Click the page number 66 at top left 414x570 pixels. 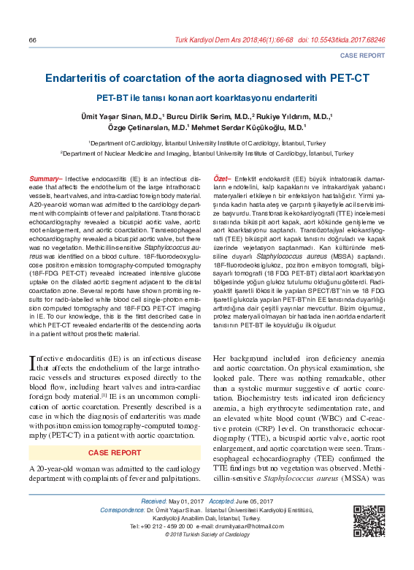(x=32, y=39)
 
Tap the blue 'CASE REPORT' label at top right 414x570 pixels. (x=363, y=56)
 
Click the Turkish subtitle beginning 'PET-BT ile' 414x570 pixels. (x=207, y=98)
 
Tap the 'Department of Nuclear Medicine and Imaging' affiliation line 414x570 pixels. (x=207, y=154)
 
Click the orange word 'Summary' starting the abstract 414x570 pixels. (x=44, y=179)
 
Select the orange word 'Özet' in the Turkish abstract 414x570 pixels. (x=220, y=179)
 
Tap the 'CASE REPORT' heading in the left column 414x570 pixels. (x=115, y=453)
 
